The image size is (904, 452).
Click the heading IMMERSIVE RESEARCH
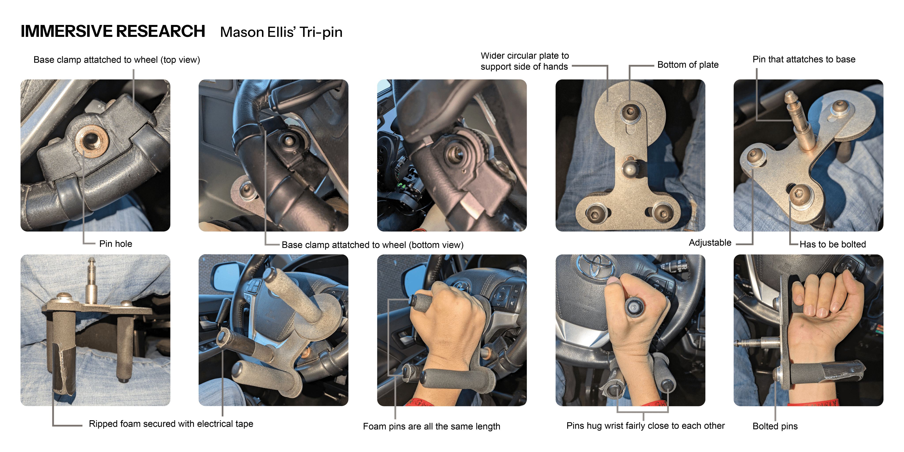pyautogui.click(x=113, y=31)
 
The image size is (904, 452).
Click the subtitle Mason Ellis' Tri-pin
pyautogui.click(x=281, y=32)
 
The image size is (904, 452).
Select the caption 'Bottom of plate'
pyautogui.click(x=688, y=65)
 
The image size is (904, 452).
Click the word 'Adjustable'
pyautogui.click(x=710, y=243)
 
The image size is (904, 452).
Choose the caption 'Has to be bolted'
pyautogui.click(x=833, y=244)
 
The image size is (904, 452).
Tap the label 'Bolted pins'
pyautogui.click(x=775, y=426)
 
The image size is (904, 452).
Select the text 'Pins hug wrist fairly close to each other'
pyautogui.click(x=645, y=426)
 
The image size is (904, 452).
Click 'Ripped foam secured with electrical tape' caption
pyautogui.click(x=171, y=424)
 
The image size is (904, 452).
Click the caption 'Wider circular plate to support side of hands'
pyautogui.click(x=525, y=61)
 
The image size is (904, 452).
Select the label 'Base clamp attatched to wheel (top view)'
pyautogui.click(x=117, y=60)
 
